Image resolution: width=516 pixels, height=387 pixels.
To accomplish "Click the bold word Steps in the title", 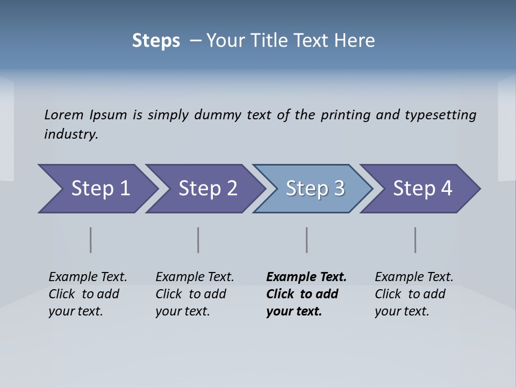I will coord(156,41).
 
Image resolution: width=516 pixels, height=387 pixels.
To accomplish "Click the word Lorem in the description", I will coord(63,115).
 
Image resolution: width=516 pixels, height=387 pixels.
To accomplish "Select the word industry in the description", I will coord(71,134).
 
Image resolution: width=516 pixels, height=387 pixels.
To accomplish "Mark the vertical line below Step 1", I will coord(91,240).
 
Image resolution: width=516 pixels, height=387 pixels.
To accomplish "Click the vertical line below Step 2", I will coord(198,240).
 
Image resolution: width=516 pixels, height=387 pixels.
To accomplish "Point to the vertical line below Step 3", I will coord(307,240).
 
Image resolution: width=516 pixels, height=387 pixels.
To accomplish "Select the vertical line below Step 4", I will coord(415,240).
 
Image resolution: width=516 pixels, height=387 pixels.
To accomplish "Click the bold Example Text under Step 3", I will coord(306,277).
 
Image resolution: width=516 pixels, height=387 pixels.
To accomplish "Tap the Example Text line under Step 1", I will coord(88,277).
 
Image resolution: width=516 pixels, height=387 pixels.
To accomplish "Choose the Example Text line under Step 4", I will coord(414,277).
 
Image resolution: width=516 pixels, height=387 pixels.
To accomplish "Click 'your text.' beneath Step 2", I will coord(183,311).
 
